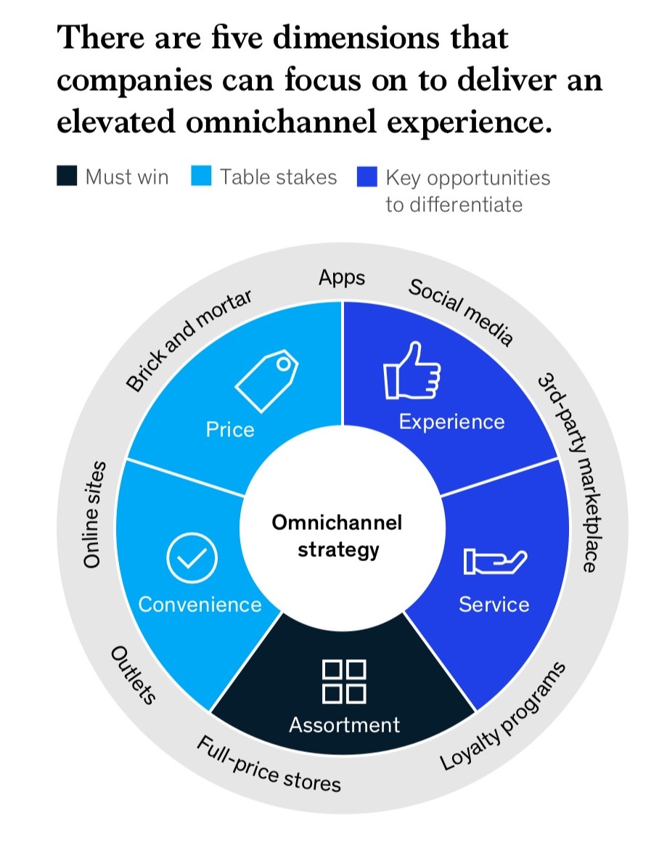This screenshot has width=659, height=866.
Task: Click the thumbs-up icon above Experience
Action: pos(412,371)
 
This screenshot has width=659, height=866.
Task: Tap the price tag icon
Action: pos(267,380)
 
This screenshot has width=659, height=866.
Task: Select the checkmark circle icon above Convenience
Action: pos(192,557)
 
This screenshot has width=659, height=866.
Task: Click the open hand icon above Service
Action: pos(495,562)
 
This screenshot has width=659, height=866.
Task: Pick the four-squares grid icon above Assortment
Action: pos(343,682)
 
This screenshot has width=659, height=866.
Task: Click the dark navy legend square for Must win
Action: pos(67,176)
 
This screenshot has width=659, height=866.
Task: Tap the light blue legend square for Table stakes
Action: pos(201,176)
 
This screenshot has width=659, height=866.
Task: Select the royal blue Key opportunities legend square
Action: pos(367,176)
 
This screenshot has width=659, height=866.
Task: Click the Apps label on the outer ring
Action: pos(342,278)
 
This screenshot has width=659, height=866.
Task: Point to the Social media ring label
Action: pos(461,311)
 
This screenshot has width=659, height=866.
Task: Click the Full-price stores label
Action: pos(269,764)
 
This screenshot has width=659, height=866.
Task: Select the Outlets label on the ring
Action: pos(133,674)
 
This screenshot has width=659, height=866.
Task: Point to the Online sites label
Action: pos(93,514)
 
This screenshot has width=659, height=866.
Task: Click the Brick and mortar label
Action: pos(189,340)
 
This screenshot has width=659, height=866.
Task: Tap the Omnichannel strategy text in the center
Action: pos(337,536)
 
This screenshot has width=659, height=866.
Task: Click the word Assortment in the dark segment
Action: pos(344,724)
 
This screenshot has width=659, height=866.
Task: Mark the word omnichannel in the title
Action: pos(281,121)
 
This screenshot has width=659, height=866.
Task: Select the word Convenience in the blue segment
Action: pos(200,604)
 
